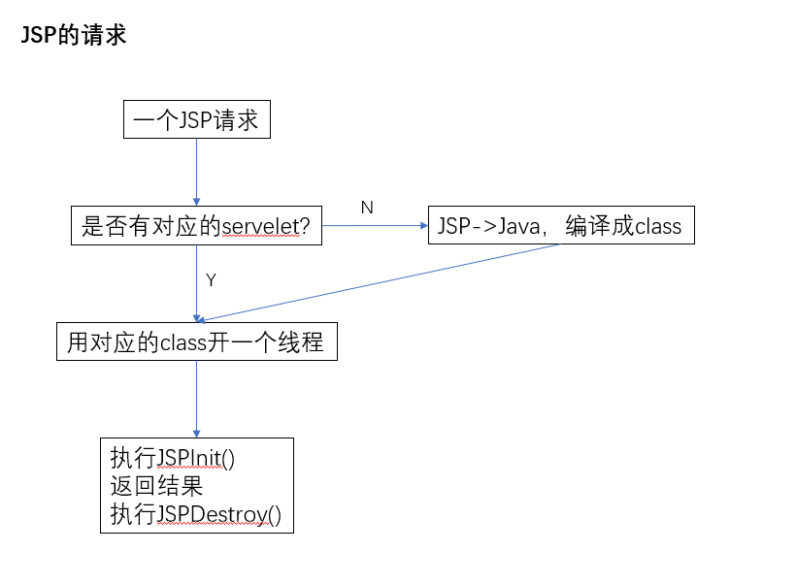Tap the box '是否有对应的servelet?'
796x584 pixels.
197,226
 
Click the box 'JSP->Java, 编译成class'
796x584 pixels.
560,226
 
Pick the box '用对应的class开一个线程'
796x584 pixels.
196,342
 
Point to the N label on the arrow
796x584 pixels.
366,208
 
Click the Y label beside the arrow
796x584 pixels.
211,280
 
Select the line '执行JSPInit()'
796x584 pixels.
173,458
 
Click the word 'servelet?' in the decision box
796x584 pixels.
266,227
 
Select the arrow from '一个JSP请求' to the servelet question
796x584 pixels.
197,172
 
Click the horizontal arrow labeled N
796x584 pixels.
375,227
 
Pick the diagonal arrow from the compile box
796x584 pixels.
379,282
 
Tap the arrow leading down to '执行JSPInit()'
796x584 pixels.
197,399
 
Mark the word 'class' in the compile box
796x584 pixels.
658,227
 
